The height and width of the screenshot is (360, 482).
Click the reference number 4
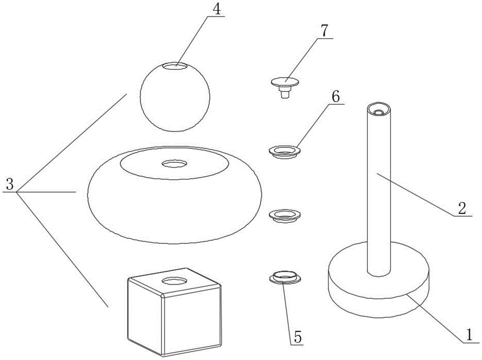tap(219, 10)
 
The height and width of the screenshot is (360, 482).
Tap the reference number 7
tap(324, 30)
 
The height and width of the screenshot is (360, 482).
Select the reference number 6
tap(336, 96)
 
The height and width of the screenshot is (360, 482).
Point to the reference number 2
tap(461, 208)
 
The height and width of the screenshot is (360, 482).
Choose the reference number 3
tap(9, 184)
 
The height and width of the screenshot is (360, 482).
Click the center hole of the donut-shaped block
tap(174, 164)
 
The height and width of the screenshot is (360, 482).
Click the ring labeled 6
tap(284, 152)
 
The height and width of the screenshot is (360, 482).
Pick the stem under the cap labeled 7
tap(285, 93)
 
